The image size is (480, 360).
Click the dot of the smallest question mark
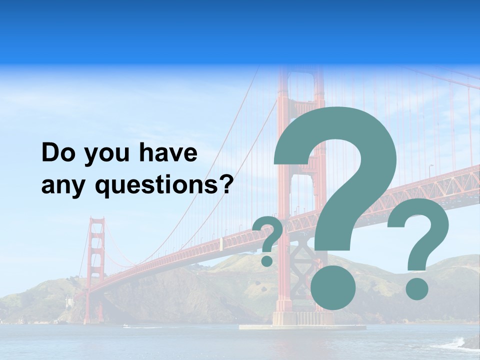tap(267, 260)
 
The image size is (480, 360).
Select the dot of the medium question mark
tap(416, 288)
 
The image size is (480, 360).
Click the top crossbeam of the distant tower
tap(96, 220)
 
